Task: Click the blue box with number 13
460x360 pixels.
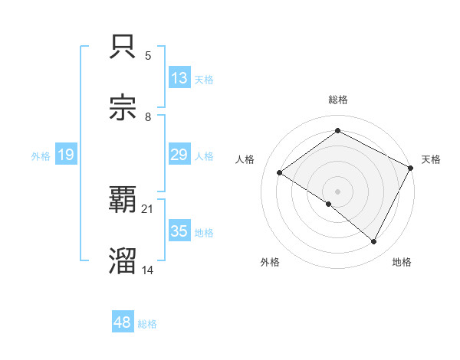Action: (x=179, y=77)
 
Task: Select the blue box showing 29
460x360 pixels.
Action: (x=179, y=155)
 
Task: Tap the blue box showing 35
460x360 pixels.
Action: (x=179, y=231)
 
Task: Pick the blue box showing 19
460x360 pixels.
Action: (x=66, y=155)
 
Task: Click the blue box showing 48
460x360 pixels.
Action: (x=123, y=322)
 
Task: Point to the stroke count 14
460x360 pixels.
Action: (x=146, y=270)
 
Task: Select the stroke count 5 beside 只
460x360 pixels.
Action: (x=148, y=56)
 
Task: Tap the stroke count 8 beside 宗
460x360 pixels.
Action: (x=148, y=117)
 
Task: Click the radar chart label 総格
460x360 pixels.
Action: (x=338, y=100)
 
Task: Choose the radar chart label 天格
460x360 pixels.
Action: (x=431, y=159)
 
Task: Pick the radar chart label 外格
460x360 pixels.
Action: (x=270, y=262)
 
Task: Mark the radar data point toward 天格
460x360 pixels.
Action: (x=410, y=168)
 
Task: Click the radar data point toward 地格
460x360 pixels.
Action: (x=373, y=241)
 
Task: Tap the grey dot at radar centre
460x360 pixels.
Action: (x=337, y=191)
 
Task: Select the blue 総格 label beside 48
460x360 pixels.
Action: (x=147, y=324)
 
